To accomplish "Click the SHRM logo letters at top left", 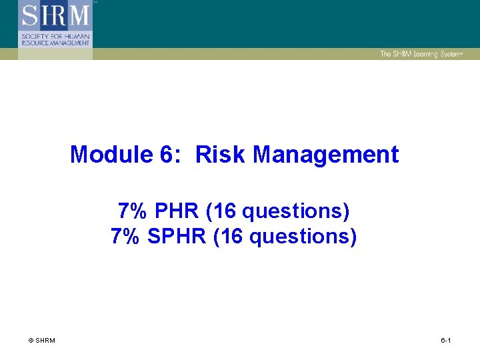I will (55, 15).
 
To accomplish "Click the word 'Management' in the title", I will (326, 155).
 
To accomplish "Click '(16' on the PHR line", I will (221, 211).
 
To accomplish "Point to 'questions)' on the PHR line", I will (296, 211).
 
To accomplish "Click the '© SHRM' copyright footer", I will (42, 341).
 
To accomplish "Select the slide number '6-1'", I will (446, 341).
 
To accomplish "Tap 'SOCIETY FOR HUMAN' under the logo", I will (55, 35).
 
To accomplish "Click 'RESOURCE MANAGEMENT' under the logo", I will (55, 42).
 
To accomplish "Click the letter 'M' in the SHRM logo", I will (78, 15).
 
